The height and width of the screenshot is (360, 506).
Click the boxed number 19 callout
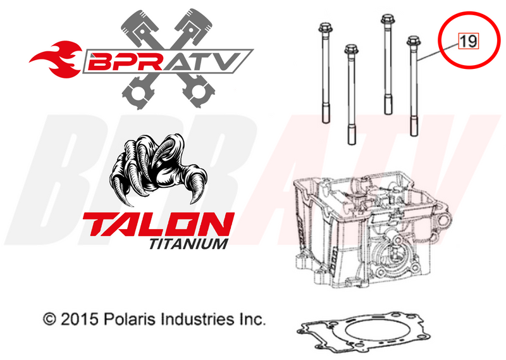(469, 42)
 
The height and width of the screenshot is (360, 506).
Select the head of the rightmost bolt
(412, 43)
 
